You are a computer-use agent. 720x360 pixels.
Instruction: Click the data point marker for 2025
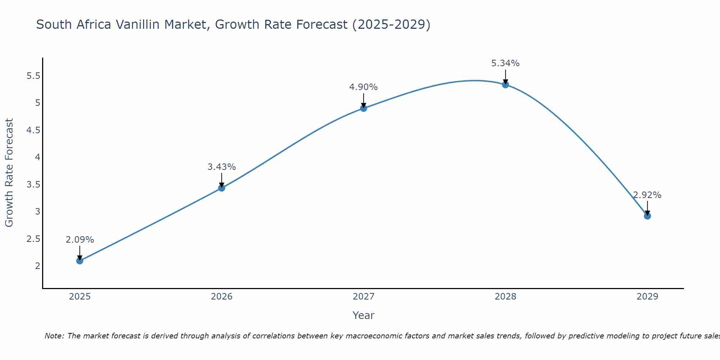pyautogui.click(x=80, y=261)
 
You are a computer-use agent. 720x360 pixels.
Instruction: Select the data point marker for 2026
pyautogui.click(x=221, y=188)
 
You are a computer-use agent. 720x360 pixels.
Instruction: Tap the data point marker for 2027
pyautogui.click(x=364, y=108)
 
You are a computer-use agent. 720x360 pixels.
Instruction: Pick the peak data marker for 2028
pyautogui.click(x=505, y=85)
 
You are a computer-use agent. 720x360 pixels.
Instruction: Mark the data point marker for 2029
pyautogui.click(x=647, y=216)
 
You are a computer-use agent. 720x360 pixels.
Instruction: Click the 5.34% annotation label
pyautogui.click(x=505, y=63)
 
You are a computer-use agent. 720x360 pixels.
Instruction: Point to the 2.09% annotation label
pyautogui.click(x=80, y=240)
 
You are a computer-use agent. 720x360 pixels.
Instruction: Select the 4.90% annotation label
pyautogui.click(x=364, y=87)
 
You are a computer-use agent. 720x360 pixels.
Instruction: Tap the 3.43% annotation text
pyautogui.click(x=221, y=167)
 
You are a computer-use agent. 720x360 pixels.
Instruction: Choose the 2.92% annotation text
pyautogui.click(x=647, y=195)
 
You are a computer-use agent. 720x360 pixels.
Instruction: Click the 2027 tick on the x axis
pyautogui.click(x=364, y=297)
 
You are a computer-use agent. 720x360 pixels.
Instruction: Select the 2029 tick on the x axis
pyautogui.click(x=647, y=297)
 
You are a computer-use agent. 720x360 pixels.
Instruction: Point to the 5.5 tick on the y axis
pyautogui.click(x=33, y=76)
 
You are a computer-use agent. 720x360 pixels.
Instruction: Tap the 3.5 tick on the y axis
pyautogui.click(x=33, y=185)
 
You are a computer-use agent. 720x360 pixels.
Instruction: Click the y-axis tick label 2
pyautogui.click(x=37, y=266)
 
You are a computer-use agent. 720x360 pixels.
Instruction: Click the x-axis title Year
pyautogui.click(x=364, y=315)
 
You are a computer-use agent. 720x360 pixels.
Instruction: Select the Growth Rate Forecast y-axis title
pyautogui.click(x=9, y=173)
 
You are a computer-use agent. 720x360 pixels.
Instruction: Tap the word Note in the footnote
pyautogui.click(x=54, y=336)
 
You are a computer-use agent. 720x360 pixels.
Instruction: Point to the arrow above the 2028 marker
pyautogui.click(x=505, y=77)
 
